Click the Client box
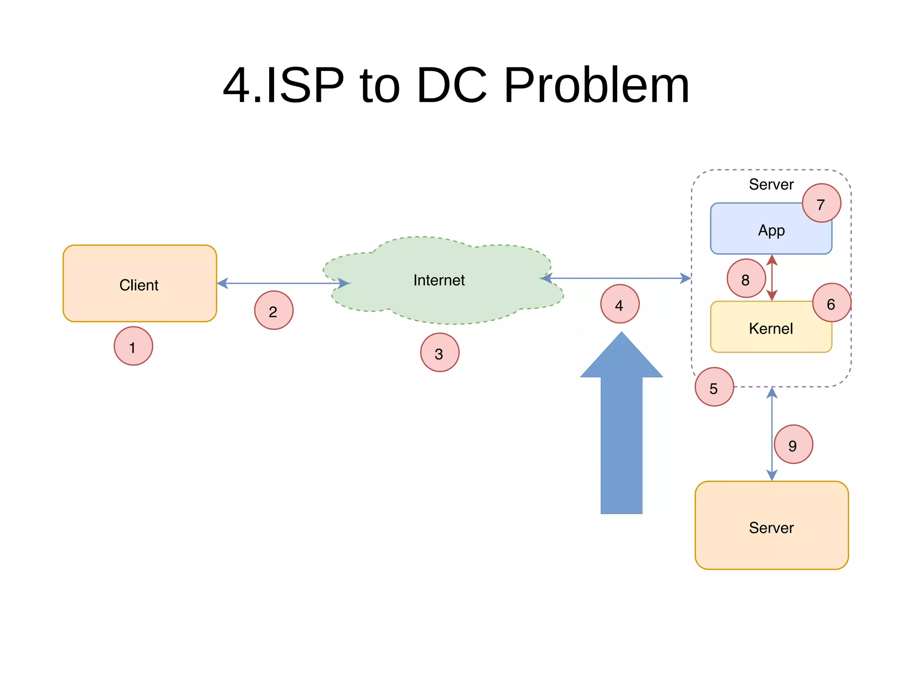[139, 284]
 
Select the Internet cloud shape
[440, 281]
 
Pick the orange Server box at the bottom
[771, 527]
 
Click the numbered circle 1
[133, 346]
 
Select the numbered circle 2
[274, 311]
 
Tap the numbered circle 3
[440, 353]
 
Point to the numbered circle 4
[619, 304]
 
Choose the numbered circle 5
[714, 387]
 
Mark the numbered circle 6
[831, 303]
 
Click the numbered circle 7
[821, 203]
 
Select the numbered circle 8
[746, 279]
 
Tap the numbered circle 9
[793, 444]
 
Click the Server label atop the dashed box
[771, 184]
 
